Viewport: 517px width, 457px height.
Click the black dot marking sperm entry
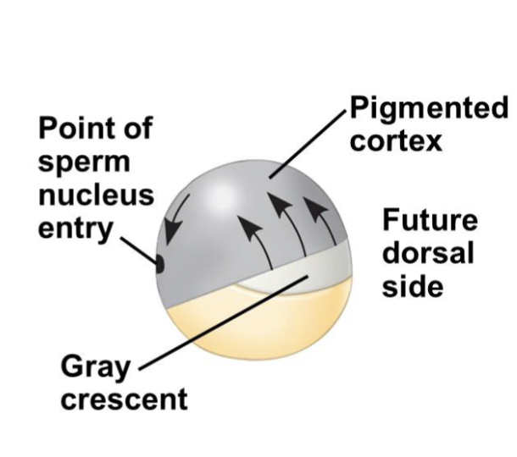pos(159,264)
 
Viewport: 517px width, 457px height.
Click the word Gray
pos(96,369)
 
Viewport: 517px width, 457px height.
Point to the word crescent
pos(124,398)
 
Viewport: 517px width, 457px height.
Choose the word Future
pos(430,222)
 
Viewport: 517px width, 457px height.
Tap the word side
pos(413,285)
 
